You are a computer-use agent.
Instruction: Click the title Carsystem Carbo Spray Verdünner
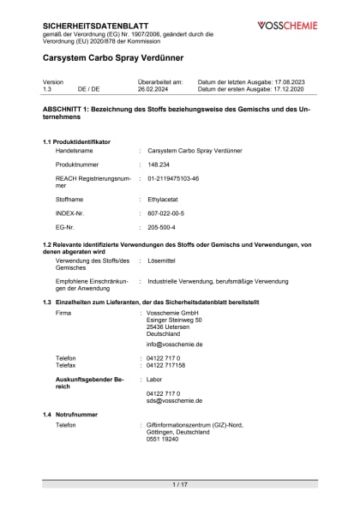[117, 58]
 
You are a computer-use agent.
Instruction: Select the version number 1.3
[47, 88]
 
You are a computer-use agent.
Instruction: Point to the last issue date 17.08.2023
[299, 81]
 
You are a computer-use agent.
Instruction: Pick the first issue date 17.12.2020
[298, 88]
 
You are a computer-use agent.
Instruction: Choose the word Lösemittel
[163, 260]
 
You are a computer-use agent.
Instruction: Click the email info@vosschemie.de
[174, 344]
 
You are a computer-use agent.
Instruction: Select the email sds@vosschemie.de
[174, 399]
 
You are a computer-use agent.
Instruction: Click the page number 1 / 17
[180, 485]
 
